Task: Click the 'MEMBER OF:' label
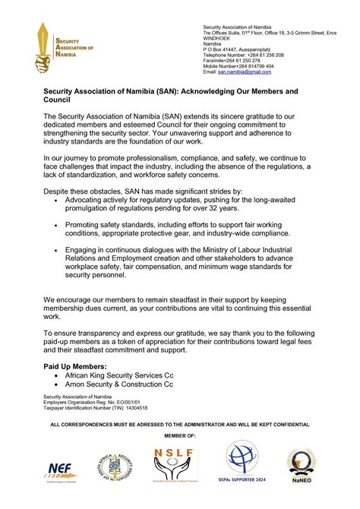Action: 180,435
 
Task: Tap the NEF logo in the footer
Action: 57,471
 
